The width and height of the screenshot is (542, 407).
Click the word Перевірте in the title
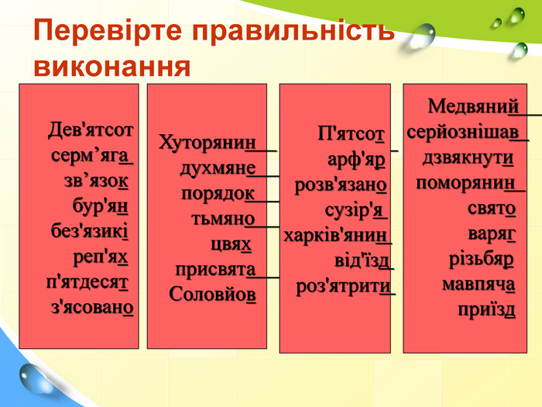click(x=108, y=31)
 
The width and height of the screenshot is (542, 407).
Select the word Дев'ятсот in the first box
click(x=91, y=130)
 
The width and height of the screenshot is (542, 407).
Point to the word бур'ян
click(x=100, y=206)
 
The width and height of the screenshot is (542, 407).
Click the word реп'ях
click(x=100, y=257)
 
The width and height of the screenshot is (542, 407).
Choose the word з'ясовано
click(x=92, y=308)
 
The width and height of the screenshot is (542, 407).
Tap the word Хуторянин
click(x=208, y=142)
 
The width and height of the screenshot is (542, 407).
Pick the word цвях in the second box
click(x=231, y=244)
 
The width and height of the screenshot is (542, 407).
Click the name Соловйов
click(x=213, y=295)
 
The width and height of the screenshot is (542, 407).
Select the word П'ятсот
click(x=351, y=134)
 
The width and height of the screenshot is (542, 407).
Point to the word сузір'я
click(x=355, y=210)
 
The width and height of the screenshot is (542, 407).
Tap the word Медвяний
click(x=473, y=106)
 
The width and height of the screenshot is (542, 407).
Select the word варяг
click(x=492, y=234)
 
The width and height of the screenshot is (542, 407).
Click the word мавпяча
click(x=479, y=285)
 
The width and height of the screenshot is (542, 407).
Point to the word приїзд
click(x=486, y=310)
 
